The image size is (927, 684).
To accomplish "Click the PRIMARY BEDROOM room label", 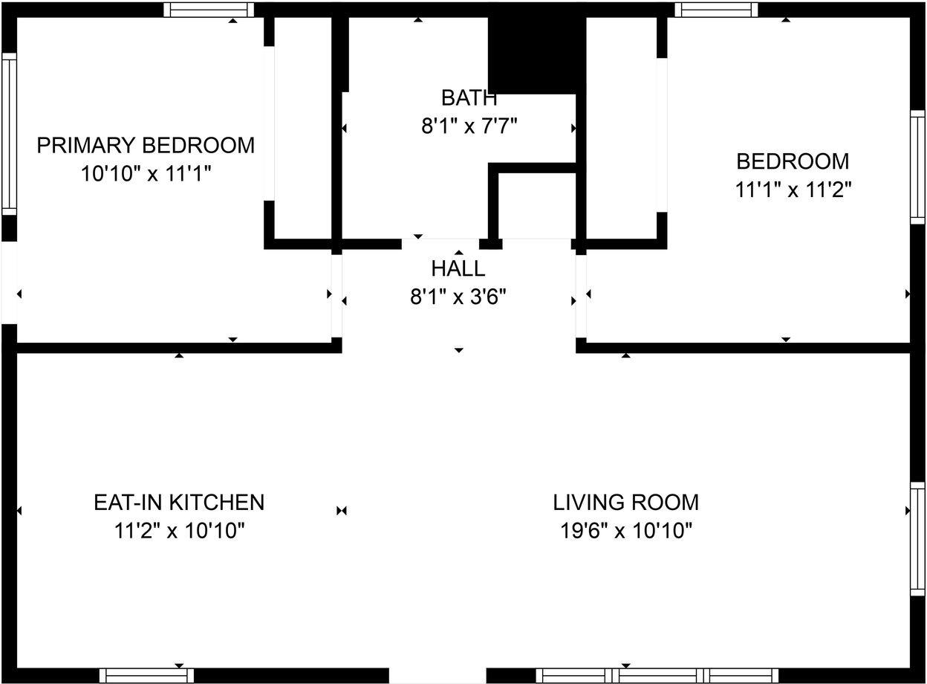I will (x=146, y=145).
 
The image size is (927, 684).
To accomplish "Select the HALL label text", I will (x=458, y=268).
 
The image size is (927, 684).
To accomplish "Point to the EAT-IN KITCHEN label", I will (x=179, y=503).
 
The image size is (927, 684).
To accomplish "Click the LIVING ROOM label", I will (x=625, y=503).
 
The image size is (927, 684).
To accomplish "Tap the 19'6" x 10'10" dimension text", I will (x=625, y=532).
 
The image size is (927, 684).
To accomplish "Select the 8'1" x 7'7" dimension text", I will (x=469, y=126).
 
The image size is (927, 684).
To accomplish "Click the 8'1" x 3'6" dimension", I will (x=458, y=297).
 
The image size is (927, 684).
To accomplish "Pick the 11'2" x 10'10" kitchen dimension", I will (x=179, y=532).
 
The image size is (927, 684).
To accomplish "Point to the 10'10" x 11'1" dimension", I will (x=146, y=174).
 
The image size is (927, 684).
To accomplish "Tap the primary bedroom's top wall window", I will (x=209, y=10).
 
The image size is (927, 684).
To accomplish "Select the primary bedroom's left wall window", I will (x=9, y=133).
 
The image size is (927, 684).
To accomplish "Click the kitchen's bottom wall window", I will (x=146, y=675).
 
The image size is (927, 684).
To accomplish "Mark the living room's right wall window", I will (x=918, y=538).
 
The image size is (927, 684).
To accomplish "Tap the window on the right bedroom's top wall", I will (x=716, y=10).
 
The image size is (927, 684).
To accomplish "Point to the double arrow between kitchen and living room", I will (x=342, y=511).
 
